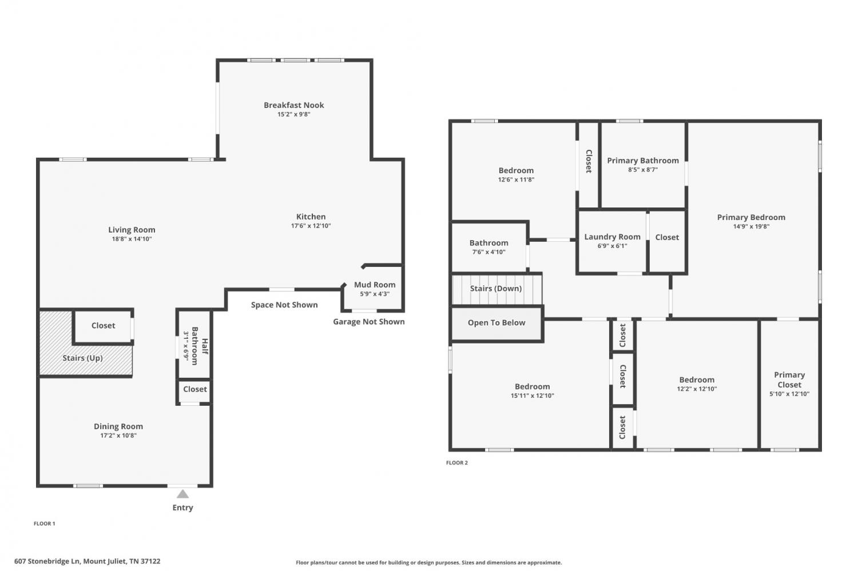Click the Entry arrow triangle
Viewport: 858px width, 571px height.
(182, 494)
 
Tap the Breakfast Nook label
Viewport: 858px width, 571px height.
(294, 105)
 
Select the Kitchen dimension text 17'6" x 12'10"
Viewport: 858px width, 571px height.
(311, 226)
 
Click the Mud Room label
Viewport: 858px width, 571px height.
(375, 285)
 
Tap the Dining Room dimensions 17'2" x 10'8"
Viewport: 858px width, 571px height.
(118, 436)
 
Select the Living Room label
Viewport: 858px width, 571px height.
(132, 230)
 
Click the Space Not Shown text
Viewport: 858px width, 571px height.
(284, 305)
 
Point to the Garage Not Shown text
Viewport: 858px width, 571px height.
(368, 321)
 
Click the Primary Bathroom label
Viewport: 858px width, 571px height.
(643, 161)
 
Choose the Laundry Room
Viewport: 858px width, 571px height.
(612, 242)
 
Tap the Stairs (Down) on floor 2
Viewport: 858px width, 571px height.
(497, 289)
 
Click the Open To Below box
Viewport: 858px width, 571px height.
(497, 324)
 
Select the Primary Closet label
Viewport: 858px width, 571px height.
(789, 380)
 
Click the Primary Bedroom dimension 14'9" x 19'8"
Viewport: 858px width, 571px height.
(751, 226)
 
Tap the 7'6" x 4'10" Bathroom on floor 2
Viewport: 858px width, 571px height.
(488, 247)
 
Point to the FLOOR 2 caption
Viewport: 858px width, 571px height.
(457, 463)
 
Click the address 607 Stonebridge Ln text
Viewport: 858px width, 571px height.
(47, 561)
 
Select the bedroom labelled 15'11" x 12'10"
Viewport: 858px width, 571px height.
(532, 391)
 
